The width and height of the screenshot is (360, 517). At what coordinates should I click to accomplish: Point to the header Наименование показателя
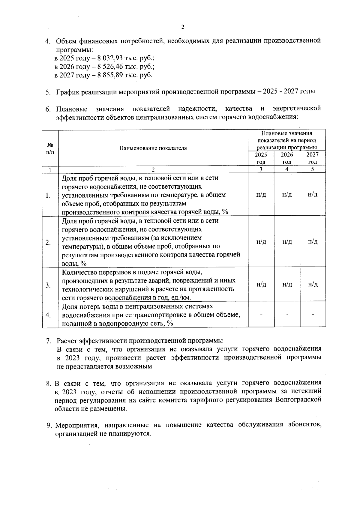point(153,148)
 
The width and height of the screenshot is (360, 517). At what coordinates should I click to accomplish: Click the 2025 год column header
point(261,158)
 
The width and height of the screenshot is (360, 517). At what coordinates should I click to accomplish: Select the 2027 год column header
point(312,158)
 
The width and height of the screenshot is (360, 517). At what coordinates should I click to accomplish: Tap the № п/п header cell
point(50,148)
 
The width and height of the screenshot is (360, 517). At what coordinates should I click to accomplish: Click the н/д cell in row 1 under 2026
point(287,195)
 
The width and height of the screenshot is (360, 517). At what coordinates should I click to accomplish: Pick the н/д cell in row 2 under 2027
point(313,242)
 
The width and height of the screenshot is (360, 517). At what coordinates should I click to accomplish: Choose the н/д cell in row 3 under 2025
point(261,285)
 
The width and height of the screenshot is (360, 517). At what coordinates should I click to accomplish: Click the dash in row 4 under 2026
point(287,315)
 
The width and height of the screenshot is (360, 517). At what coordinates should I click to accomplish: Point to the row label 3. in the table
point(48,285)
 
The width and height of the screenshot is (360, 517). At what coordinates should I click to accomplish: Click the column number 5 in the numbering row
point(312,169)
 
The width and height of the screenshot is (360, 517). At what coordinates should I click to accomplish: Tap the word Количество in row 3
point(79,272)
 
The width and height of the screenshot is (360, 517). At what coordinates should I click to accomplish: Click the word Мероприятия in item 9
point(76,425)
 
